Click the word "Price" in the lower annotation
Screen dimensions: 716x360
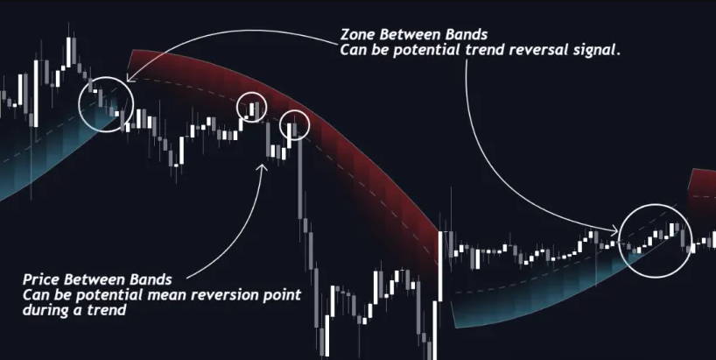tap(41, 279)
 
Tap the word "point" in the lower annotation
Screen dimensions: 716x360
tap(281, 295)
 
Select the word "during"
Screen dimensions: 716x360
tap(44, 310)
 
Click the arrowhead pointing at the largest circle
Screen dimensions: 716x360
tap(614, 229)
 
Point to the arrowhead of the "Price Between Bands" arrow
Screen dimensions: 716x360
tap(263, 167)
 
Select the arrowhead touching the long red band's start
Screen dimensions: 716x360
tap(130, 79)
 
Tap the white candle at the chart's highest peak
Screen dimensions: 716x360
tap(68, 52)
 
